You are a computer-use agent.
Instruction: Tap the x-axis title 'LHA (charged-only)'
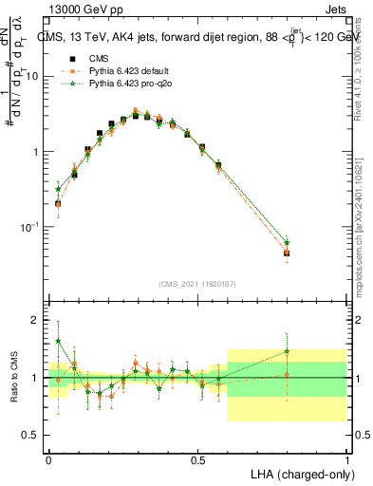296,473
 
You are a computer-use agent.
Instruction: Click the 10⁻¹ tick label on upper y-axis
31,227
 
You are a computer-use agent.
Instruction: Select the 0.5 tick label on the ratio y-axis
31,435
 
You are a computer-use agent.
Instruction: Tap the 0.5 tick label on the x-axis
197,459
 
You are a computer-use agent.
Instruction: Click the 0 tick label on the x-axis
49,459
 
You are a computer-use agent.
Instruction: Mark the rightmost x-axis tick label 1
346,459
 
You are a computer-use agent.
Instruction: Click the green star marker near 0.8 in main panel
287,243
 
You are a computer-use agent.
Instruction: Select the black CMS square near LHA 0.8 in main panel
287,253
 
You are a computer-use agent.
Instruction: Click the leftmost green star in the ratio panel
58,341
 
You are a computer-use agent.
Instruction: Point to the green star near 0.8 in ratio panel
287,352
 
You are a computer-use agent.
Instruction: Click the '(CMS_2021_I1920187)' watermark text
197,283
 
